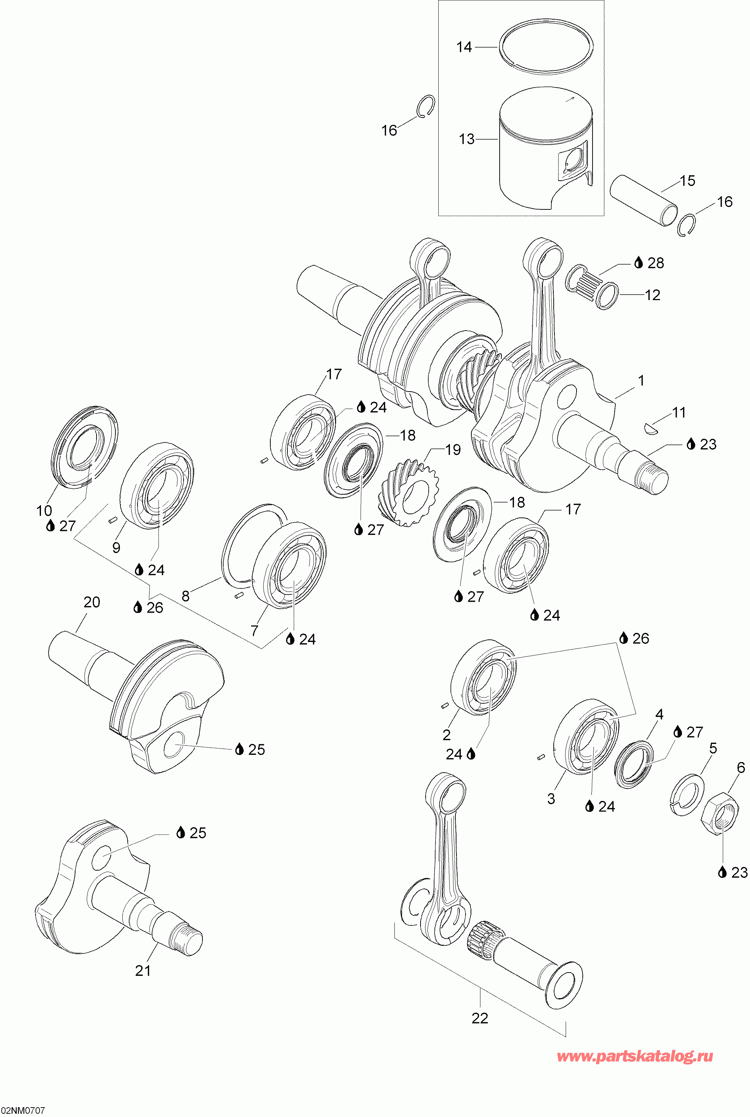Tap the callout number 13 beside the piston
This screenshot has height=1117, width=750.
[466, 139]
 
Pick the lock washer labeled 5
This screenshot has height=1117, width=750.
[687, 794]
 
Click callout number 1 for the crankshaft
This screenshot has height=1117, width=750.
[641, 381]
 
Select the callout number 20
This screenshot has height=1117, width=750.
[92, 602]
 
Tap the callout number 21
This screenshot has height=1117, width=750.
[143, 971]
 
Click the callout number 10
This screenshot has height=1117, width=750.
[44, 511]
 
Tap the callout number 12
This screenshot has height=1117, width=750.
[652, 295]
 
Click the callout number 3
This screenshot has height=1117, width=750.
[551, 798]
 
